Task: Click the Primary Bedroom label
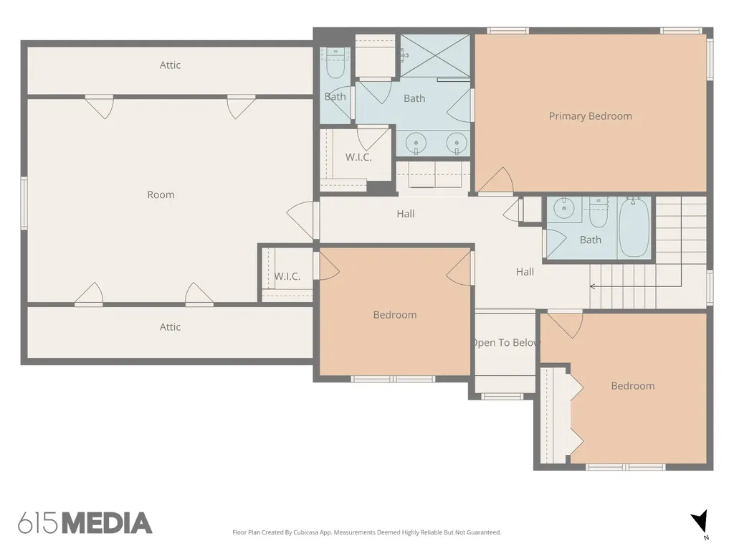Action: click(591, 116)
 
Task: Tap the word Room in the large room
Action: click(161, 194)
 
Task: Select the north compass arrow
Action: click(700, 522)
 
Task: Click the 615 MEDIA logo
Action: click(85, 523)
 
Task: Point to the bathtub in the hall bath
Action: click(634, 227)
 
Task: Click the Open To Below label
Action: click(506, 342)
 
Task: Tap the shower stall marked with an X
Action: click(435, 55)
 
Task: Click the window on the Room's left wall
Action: click(24, 203)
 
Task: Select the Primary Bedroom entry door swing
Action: click(496, 180)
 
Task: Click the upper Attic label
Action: click(170, 65)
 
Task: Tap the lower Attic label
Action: click(170, 327)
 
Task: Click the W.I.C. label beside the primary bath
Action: click(358, 157)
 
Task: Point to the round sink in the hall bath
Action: click(564, 207)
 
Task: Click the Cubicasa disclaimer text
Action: click(366, 532)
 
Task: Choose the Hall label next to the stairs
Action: click(525, 272)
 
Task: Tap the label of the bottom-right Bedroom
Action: click(632, 386)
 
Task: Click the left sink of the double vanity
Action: click(416, 143)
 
